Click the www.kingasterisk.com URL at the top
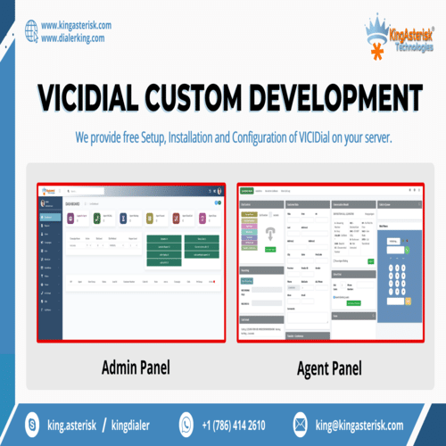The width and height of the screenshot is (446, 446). coord(76,26)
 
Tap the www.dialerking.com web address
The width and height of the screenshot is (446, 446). coord(72,39)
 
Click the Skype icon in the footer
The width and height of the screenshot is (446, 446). coord(33,425)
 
